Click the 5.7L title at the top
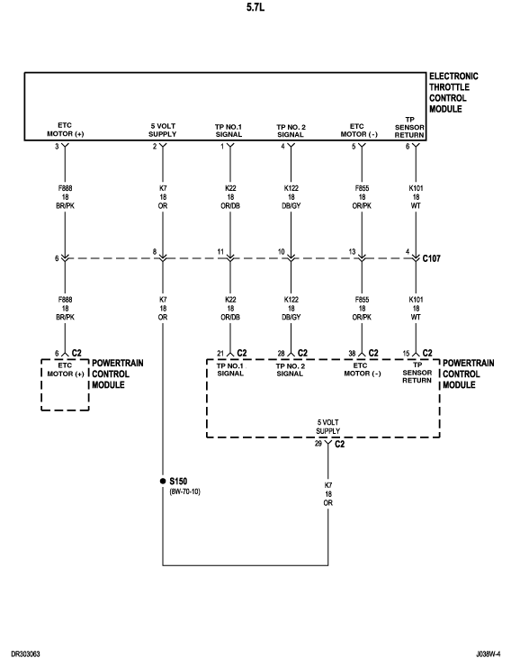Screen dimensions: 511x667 [255, 7]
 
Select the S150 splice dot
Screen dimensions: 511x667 [163, 481]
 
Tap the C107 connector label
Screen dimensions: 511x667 [432, 258]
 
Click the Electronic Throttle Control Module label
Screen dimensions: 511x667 [453, 93]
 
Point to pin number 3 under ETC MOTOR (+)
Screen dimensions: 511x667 [57, 147]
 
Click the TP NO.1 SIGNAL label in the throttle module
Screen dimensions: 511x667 [229, 131]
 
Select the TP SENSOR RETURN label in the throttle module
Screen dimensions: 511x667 [409, 127]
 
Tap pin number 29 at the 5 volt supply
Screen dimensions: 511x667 [318, 444]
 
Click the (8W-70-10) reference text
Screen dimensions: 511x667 [185, 491]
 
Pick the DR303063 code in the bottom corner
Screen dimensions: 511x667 [25, 653]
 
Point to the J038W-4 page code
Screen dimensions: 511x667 [488, 653]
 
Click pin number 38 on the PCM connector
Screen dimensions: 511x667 [352, 354]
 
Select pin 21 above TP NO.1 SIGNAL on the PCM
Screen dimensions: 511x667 [220, 354]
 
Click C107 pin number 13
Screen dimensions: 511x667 [352, 252]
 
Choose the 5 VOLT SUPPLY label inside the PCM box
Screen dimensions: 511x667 [327, 427]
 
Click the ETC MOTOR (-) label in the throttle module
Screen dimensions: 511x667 [359, 131]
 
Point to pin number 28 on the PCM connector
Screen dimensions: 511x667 [281, 354]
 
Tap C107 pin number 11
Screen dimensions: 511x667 [220, 252]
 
